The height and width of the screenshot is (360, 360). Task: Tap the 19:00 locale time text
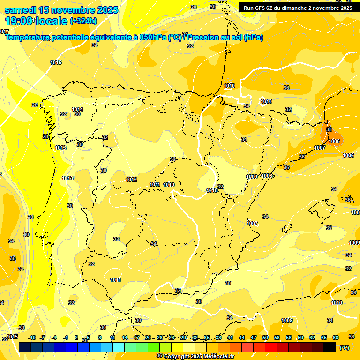[36, 21]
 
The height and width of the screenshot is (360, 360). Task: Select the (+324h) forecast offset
[83, 21]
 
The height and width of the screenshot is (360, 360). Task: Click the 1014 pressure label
[77, 109]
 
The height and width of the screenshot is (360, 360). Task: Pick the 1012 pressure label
[131, 180]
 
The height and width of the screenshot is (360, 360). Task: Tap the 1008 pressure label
[267, 176]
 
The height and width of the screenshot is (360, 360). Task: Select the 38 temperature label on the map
[329, 129]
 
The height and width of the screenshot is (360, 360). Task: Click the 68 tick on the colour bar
[336, 337]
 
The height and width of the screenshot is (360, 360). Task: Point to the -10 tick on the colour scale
[32, 337]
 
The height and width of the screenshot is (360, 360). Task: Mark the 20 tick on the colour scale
[148, 337]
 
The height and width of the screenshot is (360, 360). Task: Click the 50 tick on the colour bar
[265, 337]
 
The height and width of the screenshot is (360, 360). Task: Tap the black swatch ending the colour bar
[330, 347]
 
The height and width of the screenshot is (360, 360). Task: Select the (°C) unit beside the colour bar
[344, 347]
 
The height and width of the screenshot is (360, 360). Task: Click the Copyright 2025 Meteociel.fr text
[199, 356]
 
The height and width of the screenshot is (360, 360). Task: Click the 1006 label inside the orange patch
[334, 141]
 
